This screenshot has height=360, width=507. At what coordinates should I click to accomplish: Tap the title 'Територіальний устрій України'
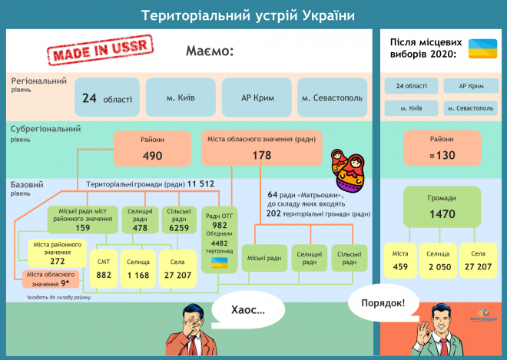pos(253,15)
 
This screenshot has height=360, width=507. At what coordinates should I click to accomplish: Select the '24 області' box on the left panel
pos(107,98)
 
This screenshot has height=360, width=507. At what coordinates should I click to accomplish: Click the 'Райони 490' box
pos(152,148)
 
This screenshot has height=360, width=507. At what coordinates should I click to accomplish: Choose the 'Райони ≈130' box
pos(441,148)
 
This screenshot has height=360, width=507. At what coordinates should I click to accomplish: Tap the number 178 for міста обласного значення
pos(261,156)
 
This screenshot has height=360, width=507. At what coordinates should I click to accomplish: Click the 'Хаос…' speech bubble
pos(249,310)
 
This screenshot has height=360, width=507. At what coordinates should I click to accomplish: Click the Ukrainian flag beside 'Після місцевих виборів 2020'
pos(484,48)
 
